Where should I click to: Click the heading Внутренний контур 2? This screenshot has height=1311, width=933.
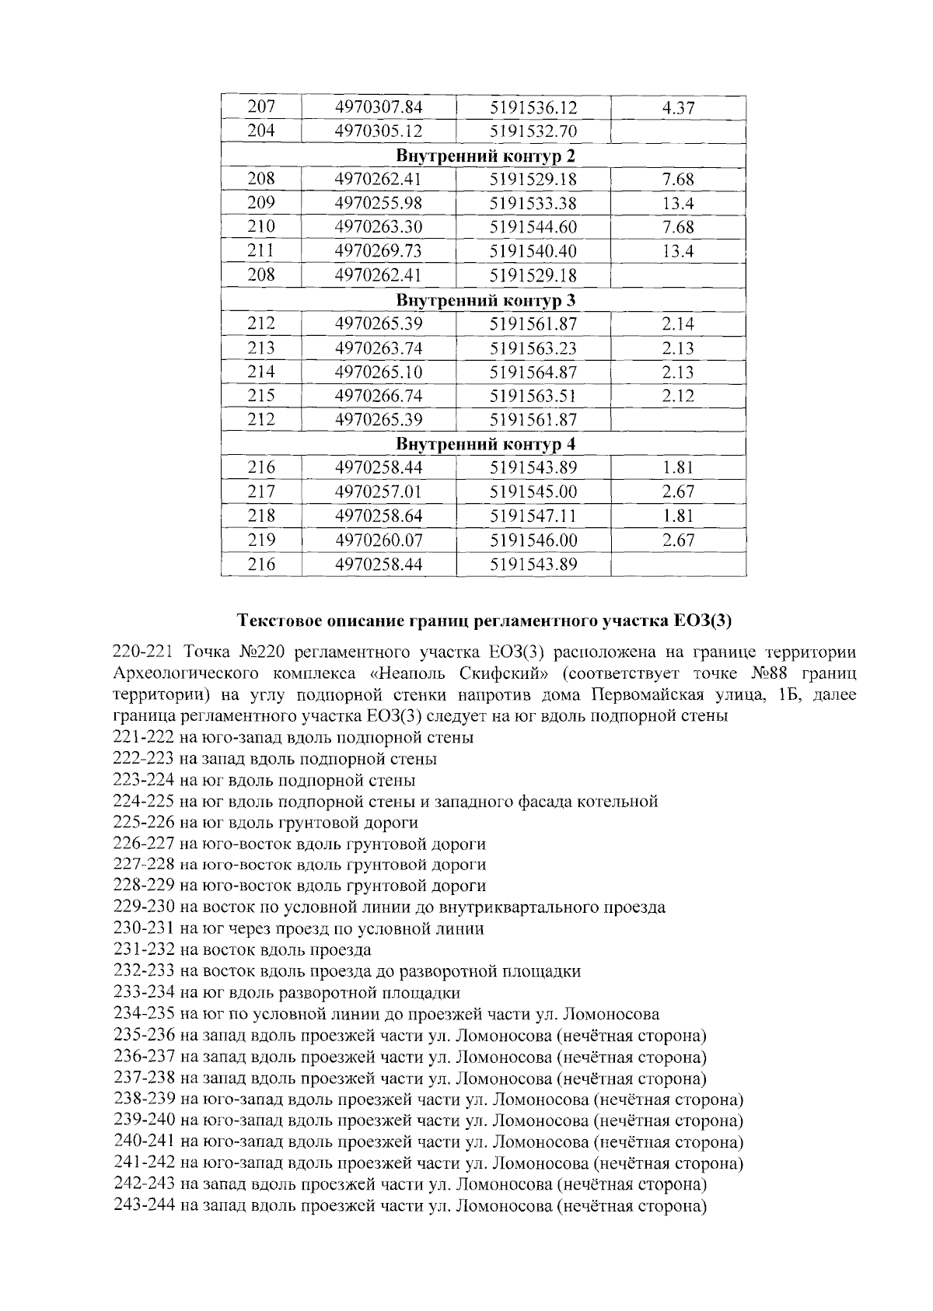pos(486,156)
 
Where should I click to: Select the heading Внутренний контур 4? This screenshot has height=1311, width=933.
pos(486,444)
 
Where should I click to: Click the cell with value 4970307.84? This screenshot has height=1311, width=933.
pos(378,107)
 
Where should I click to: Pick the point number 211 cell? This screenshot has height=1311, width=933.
pos(260,250)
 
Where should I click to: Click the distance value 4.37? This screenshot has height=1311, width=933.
pos(677,107)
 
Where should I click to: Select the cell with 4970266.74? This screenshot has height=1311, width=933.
pos(378,396)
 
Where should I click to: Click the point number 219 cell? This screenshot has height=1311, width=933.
pos(260,540)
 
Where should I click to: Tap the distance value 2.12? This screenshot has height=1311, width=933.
pos(677,396)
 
